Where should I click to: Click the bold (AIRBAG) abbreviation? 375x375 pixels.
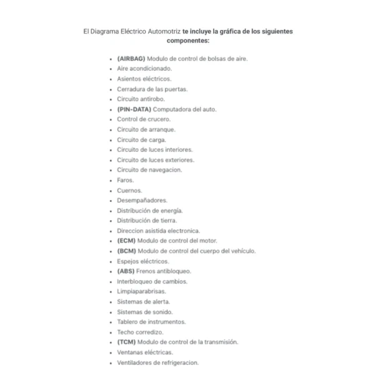click(x=131, y=59)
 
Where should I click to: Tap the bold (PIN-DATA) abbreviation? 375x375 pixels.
click(x=134, y=109)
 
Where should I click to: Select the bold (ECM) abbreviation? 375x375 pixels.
click(x=126, y=241)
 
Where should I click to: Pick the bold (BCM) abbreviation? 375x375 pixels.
click(x=126, y=251)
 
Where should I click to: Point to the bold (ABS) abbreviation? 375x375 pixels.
click(x=126, y=271)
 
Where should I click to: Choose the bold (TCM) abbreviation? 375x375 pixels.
click(x=126, y=342)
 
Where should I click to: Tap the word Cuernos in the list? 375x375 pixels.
click(x=128, y=190)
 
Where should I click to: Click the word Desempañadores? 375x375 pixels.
click(x=142, y=201)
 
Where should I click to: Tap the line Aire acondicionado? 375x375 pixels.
click(x=144, y=69)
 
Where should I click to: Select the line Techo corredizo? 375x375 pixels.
click(x=140, y=332)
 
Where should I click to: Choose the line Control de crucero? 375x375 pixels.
click(x=144, y=119)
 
